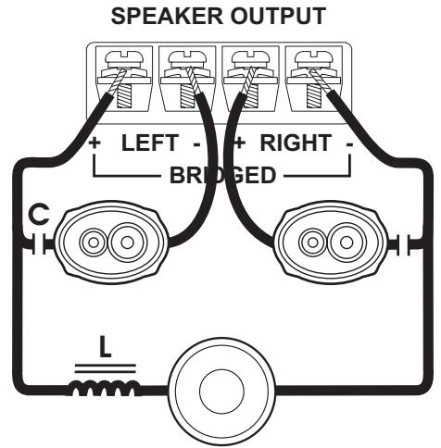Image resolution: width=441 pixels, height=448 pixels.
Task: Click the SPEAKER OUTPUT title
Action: [220, 15]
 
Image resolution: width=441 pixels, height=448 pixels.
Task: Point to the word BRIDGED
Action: [221, 176]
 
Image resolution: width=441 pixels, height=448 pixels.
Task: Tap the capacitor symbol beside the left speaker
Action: [38, 246]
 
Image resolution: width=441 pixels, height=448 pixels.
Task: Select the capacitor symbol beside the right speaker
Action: [401, 246]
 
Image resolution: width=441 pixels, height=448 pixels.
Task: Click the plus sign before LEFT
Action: [94, 144]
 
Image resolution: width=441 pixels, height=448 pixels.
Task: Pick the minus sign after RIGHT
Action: [346, 144]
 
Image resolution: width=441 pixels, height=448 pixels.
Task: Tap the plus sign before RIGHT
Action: [239, 144]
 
